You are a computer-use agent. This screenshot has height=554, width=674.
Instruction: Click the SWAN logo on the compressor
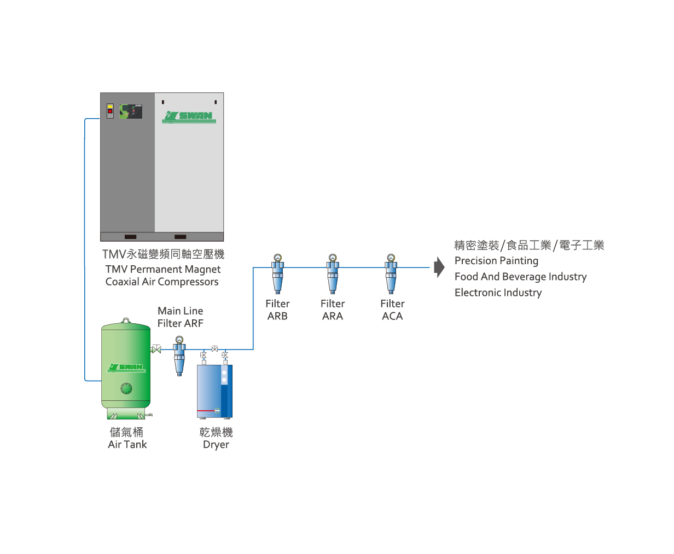click(189, 117)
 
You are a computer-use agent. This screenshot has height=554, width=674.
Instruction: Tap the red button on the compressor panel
click(110, 111)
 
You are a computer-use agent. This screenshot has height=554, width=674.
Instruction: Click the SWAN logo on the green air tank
click(126, 368)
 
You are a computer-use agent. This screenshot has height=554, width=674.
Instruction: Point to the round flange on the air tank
click(126, 388)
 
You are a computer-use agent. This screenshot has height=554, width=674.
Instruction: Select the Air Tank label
click(127, 445)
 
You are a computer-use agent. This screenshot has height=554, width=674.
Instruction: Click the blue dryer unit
click(214, 392)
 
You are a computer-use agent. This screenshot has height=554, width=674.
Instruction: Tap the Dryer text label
click(216, 445)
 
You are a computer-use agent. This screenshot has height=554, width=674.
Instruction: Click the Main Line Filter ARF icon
click(179, 356)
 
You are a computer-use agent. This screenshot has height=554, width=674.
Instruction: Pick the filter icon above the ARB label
click(278, 274)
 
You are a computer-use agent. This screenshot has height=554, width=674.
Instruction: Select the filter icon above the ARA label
click(333, 274)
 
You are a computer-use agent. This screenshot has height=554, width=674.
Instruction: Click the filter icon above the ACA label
click(391, 274)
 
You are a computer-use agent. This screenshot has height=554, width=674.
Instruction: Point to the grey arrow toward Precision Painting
click(439, 267)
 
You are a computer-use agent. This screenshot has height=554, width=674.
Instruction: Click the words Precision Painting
click(496, 261)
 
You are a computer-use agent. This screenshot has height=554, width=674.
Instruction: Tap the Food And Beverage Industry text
click(521, 277)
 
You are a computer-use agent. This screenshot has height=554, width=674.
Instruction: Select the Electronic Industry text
click(498, 293)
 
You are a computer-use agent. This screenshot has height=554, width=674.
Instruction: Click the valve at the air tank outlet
click(156, 349)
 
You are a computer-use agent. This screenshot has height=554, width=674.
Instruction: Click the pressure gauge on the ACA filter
click(391, 258)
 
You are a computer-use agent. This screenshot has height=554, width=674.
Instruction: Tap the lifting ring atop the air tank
click(126, 320)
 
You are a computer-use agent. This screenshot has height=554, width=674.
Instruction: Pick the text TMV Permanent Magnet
click(163, 269)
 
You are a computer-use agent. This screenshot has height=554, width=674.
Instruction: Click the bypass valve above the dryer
click(215, 349)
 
